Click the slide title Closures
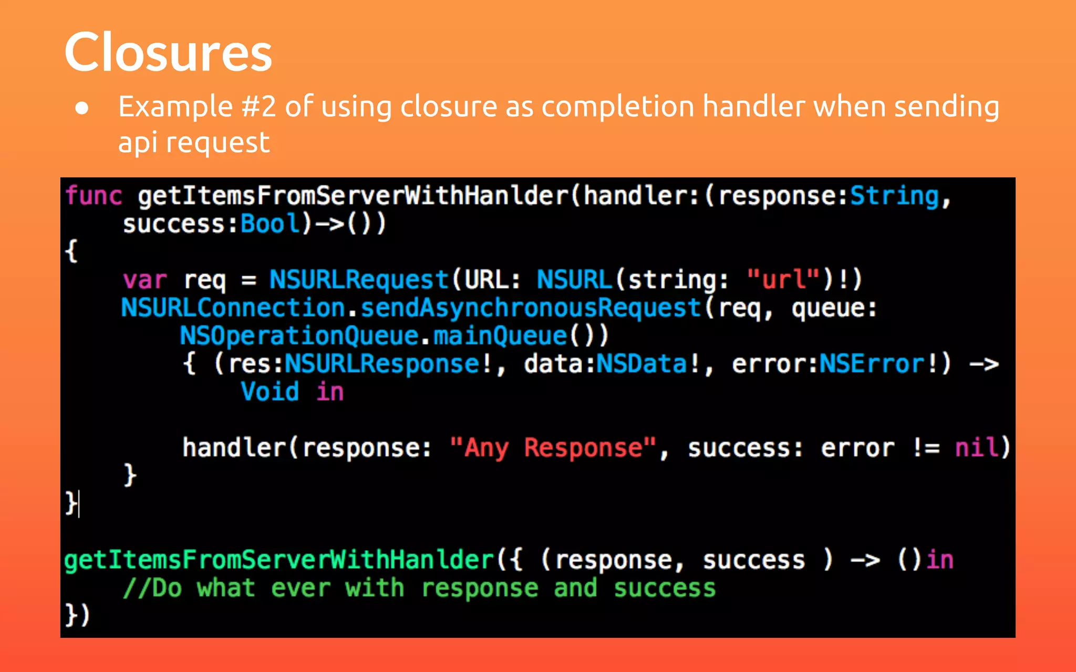click(x=168, y=52)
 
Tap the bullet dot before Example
click(x=82, y=108)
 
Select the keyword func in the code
click(x=94, y=196)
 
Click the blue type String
click(x=894, y=196)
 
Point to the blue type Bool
click(x=271, y=224)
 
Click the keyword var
click(x=144, y=280)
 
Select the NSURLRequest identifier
click(x=359, y=280)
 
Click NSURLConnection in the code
click(x=233, y=308)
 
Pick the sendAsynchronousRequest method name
click(x=531, y=308)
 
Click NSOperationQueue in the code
click(x=299, y=336)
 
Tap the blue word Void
click(x=270, y=392)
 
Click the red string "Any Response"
click(x=553, y=448)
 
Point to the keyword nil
click(x=976, y=448)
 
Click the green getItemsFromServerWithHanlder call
click(x=278, y=560)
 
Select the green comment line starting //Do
click(x=419, y=588)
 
